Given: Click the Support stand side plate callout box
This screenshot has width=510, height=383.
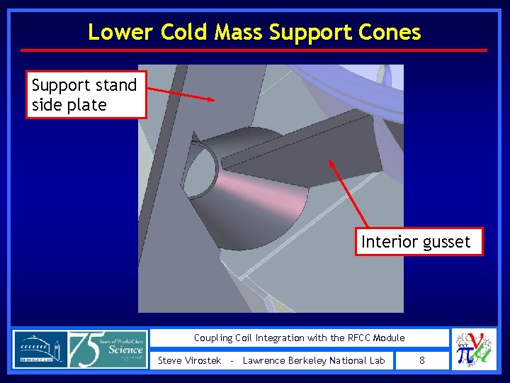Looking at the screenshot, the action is (x=86, y=94).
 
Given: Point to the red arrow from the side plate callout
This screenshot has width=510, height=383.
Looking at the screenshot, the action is (x=180, y=93).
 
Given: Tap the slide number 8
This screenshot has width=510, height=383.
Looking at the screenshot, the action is (x=422, y=360).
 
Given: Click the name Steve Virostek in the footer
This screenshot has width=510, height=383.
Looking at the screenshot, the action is (x=188, y=360).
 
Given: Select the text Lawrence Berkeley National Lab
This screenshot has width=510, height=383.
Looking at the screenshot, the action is (x=313, y=360).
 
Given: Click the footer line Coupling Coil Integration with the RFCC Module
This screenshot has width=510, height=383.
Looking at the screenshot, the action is (x=299, y=338).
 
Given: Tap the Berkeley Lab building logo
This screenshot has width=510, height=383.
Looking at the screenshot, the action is (x=40, y=349).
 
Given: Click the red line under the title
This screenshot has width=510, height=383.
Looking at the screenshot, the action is (x=254, y=50).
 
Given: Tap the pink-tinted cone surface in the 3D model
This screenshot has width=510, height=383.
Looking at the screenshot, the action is (x=262, y=191).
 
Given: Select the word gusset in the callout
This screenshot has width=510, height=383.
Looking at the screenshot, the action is (x=446, y=242).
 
